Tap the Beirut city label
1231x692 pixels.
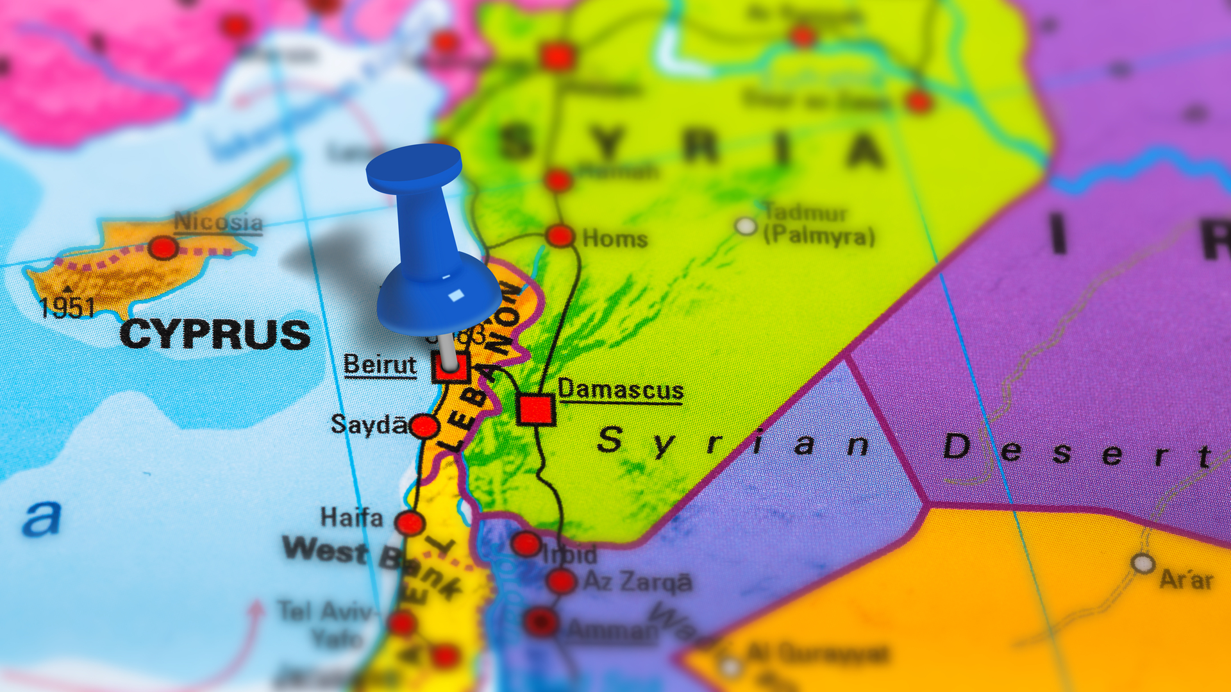tap(380, 365)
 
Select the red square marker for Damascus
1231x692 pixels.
tap(535, 409)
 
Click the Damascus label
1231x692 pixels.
tap(621, 390)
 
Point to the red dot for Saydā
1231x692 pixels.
tap(424, 426)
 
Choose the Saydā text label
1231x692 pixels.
tap(369, 425)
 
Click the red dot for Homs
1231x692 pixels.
tap(560, 236)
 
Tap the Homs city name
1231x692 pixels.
tap(615, 239)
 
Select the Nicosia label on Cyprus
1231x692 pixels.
tap(218, 223)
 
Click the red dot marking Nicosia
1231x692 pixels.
tap(163, 248)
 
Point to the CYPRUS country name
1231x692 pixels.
tap(215, 335)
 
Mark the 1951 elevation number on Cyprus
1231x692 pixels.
tap(67, 308)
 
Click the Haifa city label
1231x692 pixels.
tap(351, 517)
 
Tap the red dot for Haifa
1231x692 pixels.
tap(410, 523)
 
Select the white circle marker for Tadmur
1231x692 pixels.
tap(745, 226)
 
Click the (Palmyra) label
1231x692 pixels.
tap(819, 236)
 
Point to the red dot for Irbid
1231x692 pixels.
tap(526, 544)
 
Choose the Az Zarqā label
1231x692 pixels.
tap(637, 582)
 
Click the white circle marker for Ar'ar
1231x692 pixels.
tap(1143, 564)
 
